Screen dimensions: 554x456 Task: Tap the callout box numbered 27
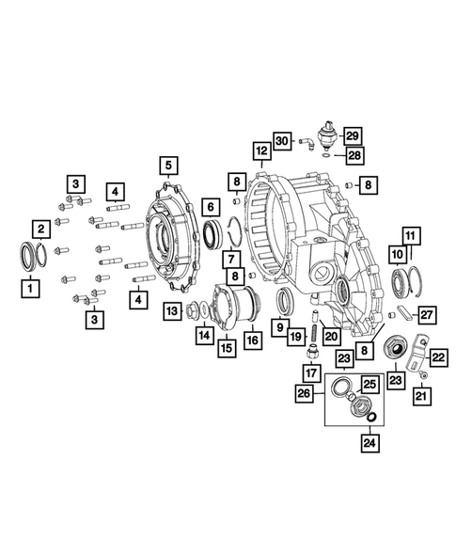tap(426, 314)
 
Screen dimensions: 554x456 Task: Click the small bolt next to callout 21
tap(422, 375)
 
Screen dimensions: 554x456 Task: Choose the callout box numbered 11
tap(411, 234)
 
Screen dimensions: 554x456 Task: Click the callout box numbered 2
tap(41, 228)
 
